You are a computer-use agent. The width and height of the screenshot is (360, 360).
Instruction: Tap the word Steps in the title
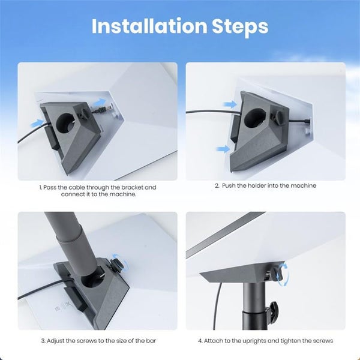[x=240, y=26]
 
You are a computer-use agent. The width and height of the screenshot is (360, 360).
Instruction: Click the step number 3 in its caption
[x=43, y=341]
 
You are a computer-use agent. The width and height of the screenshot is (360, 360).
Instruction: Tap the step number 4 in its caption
[x=200, y=341]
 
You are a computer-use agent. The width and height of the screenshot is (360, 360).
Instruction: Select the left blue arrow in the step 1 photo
[x=37, y=123]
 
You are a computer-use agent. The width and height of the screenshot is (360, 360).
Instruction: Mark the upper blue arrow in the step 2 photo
[x=230, y=104]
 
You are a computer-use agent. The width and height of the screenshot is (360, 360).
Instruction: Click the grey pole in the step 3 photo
[x=69, y=237]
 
